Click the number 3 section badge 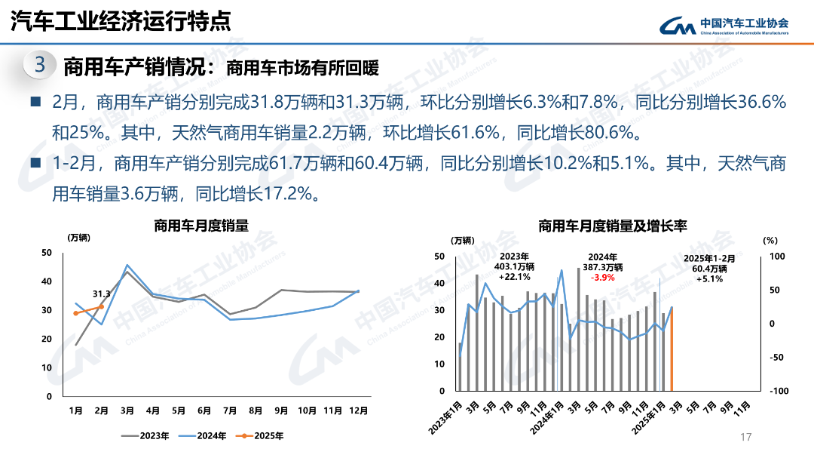click(39, 65)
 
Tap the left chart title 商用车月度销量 click(201, 225)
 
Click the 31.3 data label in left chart click(102, 294)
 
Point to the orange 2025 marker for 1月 click(75, 313)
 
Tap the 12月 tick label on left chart click(358, 410)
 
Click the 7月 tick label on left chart click(229, 410)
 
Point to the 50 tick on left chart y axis click(47, 253)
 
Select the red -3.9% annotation click(602, 277)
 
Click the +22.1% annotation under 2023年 click(515, 277)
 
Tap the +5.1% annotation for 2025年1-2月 click(709, 278)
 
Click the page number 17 click(747, 438)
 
